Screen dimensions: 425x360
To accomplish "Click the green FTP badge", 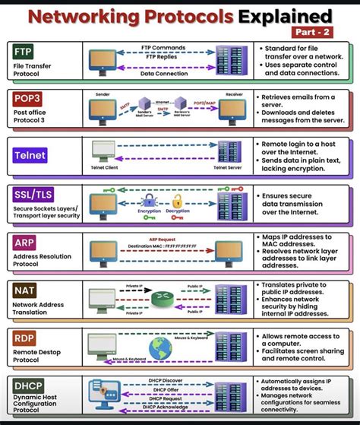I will tap(23, 51).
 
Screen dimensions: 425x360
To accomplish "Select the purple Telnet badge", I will tap(30, 154).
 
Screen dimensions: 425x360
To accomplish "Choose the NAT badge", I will tap(24, 289).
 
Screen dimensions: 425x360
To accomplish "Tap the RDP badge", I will tap(24, 336).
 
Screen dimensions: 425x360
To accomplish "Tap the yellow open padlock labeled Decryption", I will tap(178, 201).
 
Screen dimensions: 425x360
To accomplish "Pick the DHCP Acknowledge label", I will tap(165, 407).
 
